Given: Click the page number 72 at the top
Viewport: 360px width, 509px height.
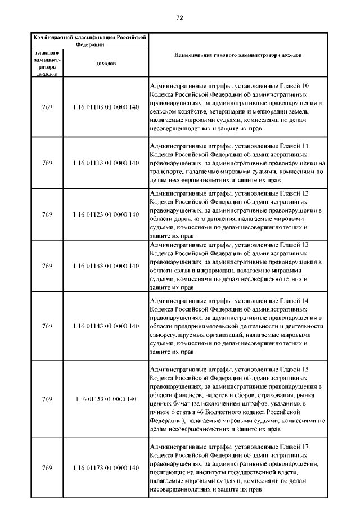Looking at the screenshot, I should coord(180,18).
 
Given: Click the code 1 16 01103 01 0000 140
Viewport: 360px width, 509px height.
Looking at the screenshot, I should coord(106,107).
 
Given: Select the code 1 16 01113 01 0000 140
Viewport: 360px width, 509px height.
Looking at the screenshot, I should coord(106,163).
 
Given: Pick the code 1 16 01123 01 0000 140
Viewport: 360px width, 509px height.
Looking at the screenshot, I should coord(106,214).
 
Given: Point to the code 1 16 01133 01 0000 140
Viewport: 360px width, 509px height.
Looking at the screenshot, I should coord(106,265).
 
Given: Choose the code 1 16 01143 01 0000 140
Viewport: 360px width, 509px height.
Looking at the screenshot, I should coord(106,326).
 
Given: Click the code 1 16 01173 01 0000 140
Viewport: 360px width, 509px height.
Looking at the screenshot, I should coord(106,468).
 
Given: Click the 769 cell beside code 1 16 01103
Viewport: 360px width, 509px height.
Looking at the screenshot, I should coord(47,107).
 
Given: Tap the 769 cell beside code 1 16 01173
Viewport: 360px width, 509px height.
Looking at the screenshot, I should coord(47,468).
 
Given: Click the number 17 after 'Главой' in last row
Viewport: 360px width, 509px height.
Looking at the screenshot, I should coord(305,447).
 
